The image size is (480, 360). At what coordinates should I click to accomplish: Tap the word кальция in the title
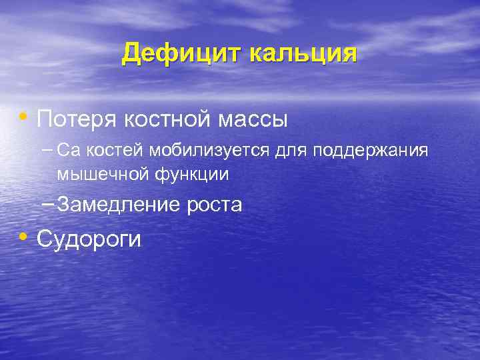click(x=303, y=53)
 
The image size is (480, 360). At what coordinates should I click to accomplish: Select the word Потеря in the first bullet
click(x=75, y=120)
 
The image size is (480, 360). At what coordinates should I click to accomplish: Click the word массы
click(x=255, y=120)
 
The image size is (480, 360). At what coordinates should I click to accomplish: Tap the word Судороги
click(x=89, y=239)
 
